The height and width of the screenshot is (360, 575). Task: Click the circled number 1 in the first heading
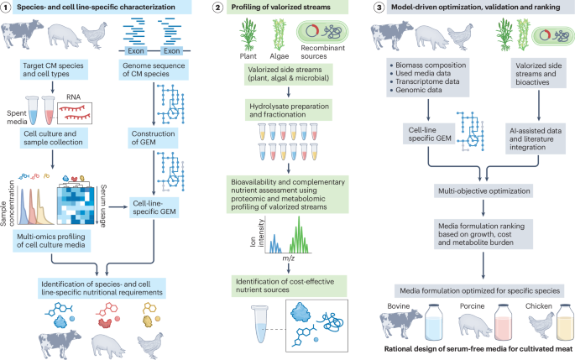point(8,8)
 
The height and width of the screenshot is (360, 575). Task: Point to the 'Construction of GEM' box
point(159,138)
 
